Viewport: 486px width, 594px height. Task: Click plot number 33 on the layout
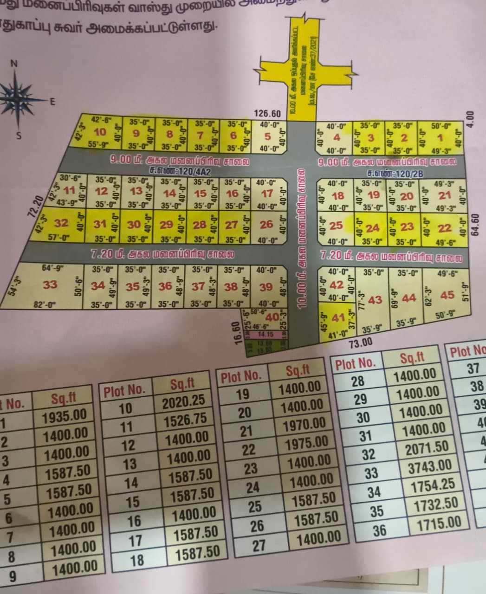(50, 284)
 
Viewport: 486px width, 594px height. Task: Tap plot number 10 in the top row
(100, 132)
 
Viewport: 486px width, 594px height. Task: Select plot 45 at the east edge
(447, 295)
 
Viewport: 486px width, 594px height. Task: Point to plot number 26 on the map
(266, 225)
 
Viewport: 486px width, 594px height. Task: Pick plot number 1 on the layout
(440, 137)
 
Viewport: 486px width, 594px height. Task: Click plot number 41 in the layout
(338, 318)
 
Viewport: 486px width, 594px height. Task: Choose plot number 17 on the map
(267, 194)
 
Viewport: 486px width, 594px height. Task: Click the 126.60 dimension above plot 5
(267, 114)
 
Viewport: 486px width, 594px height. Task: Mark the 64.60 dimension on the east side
(474, 225)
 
